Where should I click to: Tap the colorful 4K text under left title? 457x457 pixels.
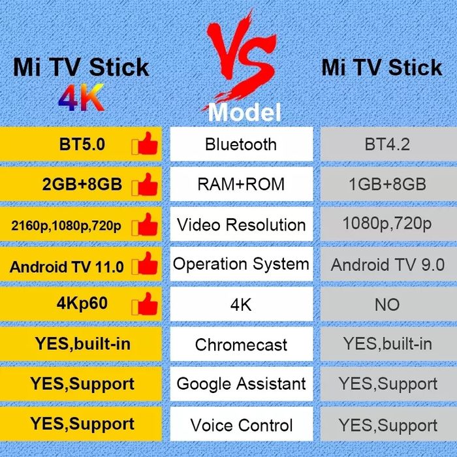pyautogui.click(x=81, y=98)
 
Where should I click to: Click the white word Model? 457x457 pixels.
pyautogui.click(x=244, y=112)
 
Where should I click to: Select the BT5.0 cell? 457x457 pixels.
pyautogui.click(x=82, y=144)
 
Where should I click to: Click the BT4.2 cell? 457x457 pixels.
pyautogui.click(x=386, y=144)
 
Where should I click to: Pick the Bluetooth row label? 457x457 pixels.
pyautogui.click(x=241, y=144)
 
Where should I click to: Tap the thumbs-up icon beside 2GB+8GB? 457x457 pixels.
pyautogui.click(x=145, y=185)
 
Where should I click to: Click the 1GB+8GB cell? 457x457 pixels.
pyautogui.click(x=386, y=185)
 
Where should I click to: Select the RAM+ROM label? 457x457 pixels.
pyautogui.click(x=241, y=185)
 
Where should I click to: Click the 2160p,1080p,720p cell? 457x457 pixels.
pyautogui.click(x=67, y=226)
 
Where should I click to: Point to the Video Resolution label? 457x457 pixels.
pyautogui.click(x=241, y=225)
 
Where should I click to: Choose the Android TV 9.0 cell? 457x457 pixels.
pyautogui.click(x=386, y=265)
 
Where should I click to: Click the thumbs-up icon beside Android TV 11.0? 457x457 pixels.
pyautogui.click(x=145, y=266)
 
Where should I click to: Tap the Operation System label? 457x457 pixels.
pyautogui.click(x=241, y=264)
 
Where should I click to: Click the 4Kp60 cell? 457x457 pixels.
pyautogui.click(x=82, y=304)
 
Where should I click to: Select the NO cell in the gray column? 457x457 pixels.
pyautogui.click(x=386, y=304)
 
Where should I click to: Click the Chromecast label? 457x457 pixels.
pyautogui.click(x=241, y=344)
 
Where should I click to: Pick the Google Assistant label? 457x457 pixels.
pyautogui.click(x=241, y=384)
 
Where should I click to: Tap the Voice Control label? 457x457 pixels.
pyautogui.click(x=241, y=425)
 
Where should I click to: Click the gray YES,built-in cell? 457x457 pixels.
pyautogui.click(x=386, y=344)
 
